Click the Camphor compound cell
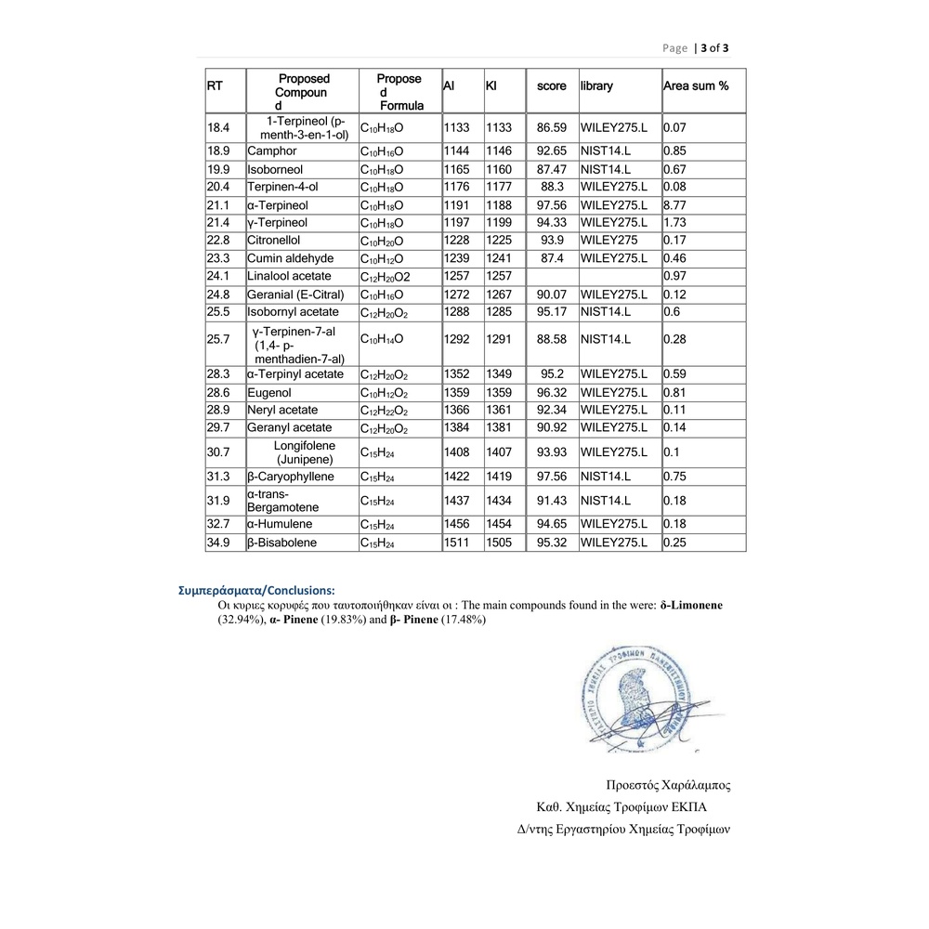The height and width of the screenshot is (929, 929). click(x=272, y=150)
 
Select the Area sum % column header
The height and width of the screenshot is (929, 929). click(x=696, y=86)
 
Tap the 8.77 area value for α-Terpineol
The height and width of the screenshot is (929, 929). click(x=675, y=205)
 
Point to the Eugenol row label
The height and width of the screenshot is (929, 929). click(x=269, y=393)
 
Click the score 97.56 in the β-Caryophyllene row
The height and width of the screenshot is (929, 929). click(x=551, y=477)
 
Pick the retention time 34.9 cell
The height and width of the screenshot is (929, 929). click(x=219, y=543)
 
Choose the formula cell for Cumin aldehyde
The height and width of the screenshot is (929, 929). click(x=382, y=258)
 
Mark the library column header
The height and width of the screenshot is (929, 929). click(x=597, y=86)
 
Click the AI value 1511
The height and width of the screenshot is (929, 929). click(x=458, y=543)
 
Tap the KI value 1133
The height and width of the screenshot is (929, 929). click(x=499, y=127)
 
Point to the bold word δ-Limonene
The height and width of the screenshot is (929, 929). click(x=691, y=605)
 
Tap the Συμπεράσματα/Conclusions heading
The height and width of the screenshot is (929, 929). click(x=256, y=590)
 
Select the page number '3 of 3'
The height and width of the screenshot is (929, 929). click(x=711, y=47)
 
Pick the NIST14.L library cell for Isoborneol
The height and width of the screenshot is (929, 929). click(x=606, y=169)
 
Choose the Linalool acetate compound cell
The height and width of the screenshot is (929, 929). click(x=289, y=276)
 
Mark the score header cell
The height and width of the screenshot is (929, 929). click(x=551, y=86)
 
